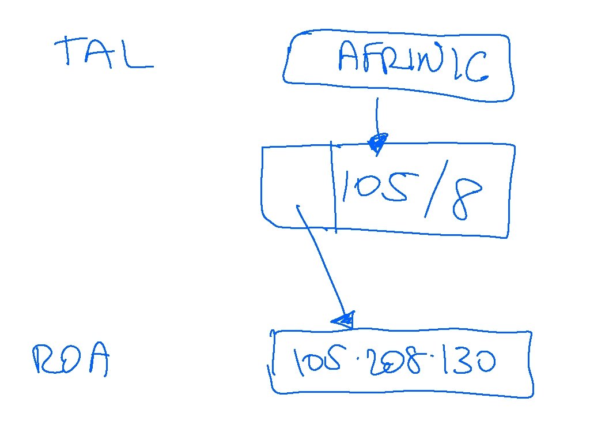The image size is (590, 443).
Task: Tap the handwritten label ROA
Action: [70, 361]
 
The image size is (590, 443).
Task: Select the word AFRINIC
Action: [413, 63]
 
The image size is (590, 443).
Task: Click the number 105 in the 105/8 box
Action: [375, 185]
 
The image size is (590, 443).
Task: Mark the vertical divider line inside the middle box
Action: [334, 185]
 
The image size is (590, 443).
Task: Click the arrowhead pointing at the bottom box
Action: [343, 321]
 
